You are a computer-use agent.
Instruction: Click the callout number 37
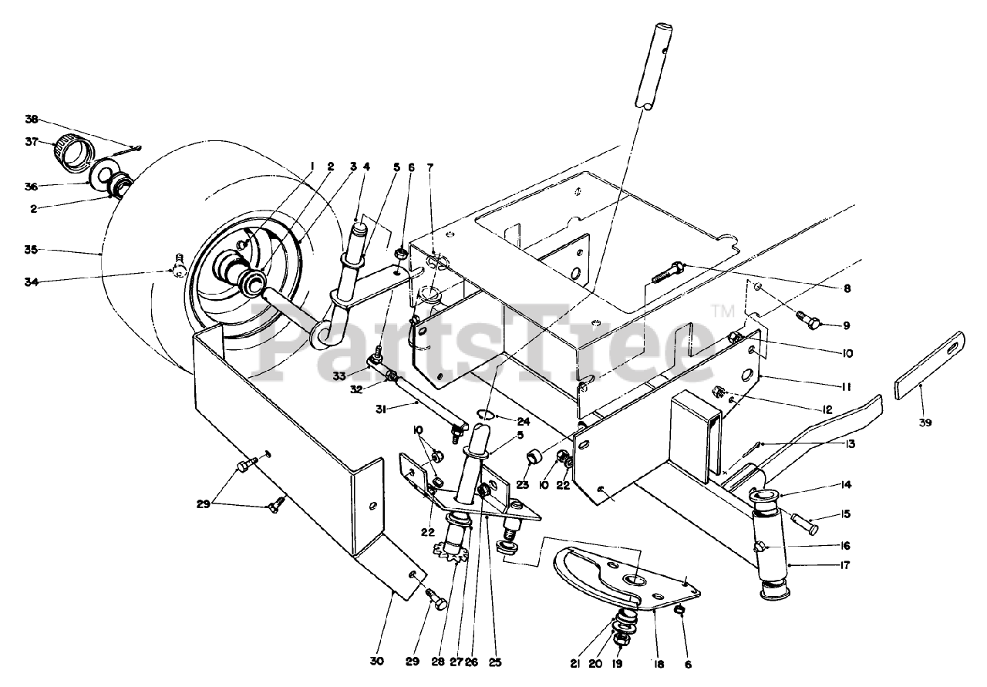pyautogui.click(x=32, y=143)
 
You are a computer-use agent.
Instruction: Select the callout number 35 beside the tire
pyautogui.click(x=32, y=250)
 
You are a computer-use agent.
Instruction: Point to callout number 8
pyautogui.click(x=847, y=288)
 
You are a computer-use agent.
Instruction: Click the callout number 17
pyautogui.click(x=844, y=565)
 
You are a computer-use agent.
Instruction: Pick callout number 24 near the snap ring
pyautogui.click(x=523, y=423)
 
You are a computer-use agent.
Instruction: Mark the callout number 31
pyautogui.click(x=381, y=410)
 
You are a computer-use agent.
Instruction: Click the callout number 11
pyautogui.click(x=846, y=387)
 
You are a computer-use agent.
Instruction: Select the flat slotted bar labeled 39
pyautogui.click(x=931, y=372)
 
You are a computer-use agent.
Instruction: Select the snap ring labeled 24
pyautogui.click(x=485, y=415)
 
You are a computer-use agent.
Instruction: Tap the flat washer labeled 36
pyautogui.click(x=104, y=177)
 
